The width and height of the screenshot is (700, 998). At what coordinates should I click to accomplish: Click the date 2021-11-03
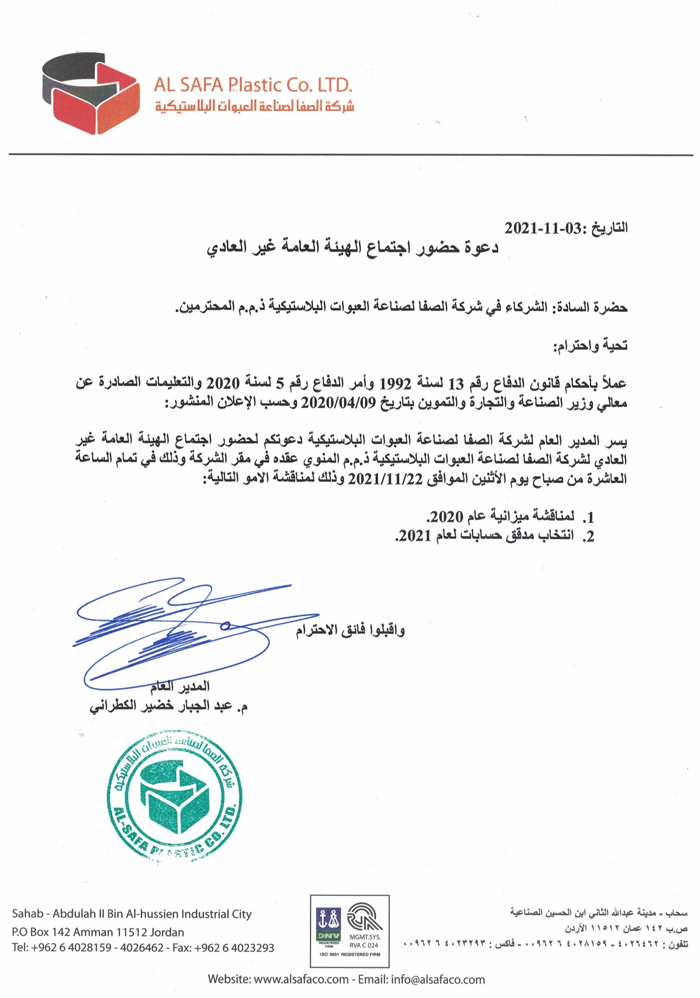543,228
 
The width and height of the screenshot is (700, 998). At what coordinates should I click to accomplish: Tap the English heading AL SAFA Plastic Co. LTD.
253,85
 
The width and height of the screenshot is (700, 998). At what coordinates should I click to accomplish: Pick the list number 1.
589,517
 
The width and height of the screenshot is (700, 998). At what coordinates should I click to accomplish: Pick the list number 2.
589,536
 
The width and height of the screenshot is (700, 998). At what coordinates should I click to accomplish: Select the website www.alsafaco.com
301,979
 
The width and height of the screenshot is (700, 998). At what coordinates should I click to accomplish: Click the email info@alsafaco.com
438,979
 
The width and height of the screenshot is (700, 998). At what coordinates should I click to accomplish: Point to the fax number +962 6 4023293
234,948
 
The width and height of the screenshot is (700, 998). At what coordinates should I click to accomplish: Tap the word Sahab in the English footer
28,914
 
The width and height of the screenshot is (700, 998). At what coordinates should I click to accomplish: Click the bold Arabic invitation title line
353,248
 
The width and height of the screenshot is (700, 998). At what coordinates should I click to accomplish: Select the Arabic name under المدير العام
168,706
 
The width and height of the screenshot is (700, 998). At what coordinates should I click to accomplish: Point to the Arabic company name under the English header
254,106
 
